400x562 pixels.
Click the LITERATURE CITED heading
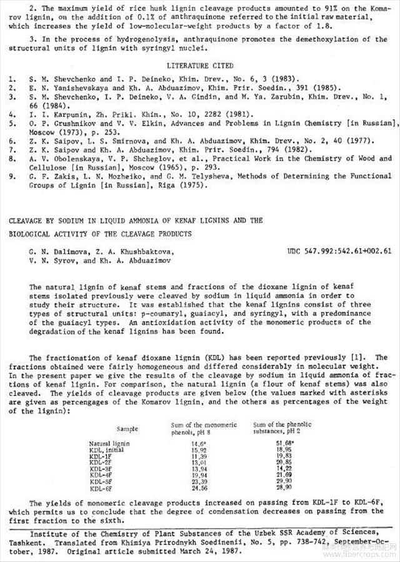[200, 66]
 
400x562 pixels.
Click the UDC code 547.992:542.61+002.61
[339, 252]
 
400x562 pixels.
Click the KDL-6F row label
[100, 488]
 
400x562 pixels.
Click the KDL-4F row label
[100, 475]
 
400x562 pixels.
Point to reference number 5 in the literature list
[12, 124]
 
